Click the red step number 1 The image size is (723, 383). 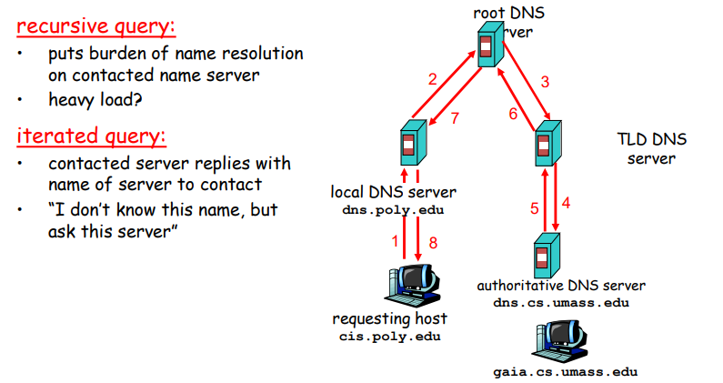[x=395, y=242]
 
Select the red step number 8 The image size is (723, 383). [x=433, y=242]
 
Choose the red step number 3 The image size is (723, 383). [x=545, y=82]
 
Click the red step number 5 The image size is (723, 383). [x=535, y=207]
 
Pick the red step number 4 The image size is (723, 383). [x=567, y=203]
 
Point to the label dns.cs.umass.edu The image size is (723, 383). [x=561, y=302]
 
